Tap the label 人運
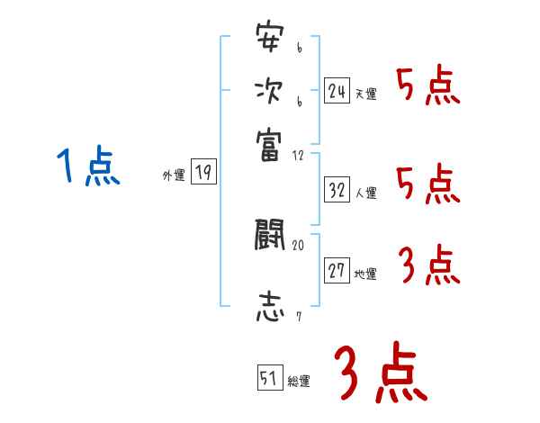coord(365,193)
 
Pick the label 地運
coord(365,274)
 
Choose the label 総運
coord(299,382)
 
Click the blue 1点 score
coord(88,167)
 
